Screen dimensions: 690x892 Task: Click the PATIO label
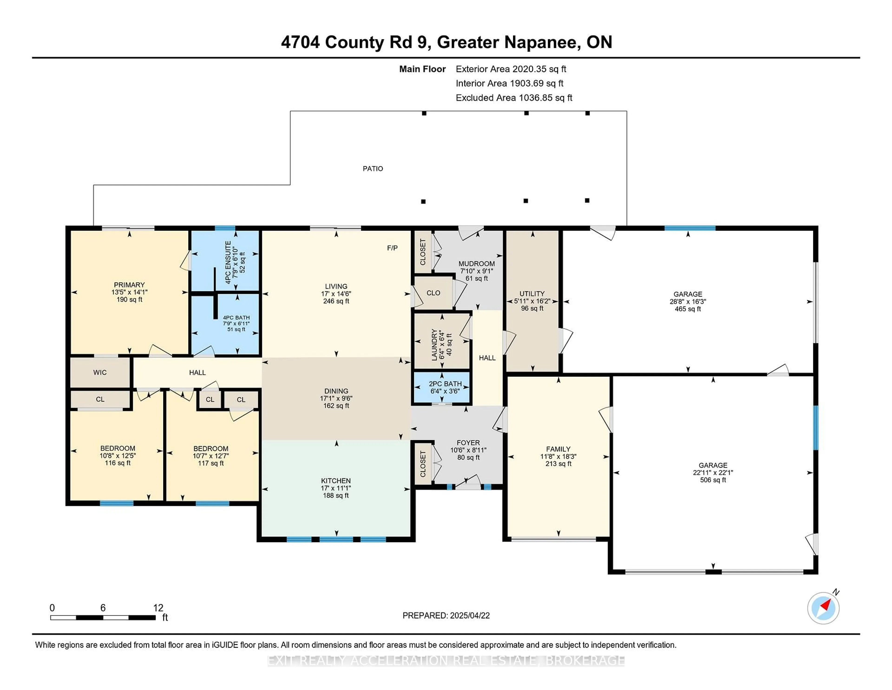coord(373,168)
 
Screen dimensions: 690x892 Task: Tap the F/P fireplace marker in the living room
coord(392,248)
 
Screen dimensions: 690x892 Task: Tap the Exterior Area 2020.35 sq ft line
coord(511,69)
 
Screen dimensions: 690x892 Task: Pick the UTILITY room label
coord(532,293)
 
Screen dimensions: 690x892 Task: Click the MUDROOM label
coord(476,264)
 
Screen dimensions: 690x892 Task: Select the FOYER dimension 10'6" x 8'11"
coord(468,450)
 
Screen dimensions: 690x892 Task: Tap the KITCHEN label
coord(336,481)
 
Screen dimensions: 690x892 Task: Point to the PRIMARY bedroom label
coord(129,285)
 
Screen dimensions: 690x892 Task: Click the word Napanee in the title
coord(542,42)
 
